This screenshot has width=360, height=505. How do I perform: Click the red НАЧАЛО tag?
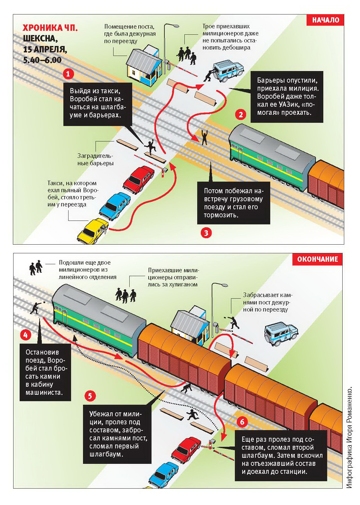pos(325,20)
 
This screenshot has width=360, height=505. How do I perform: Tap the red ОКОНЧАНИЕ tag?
pos(318,259)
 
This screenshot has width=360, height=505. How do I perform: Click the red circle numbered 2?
pos(241,115)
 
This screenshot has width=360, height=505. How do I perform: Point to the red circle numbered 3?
pos(206,233)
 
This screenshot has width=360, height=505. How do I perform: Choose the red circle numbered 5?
pos(90,396)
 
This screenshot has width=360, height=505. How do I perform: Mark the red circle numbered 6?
pos(242,422)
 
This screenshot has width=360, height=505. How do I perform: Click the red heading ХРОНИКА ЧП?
pos(50,28)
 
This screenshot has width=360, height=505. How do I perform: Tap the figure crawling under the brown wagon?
pos(187,388)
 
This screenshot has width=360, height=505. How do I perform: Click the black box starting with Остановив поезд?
pos(45,372)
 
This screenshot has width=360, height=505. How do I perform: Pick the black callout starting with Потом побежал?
pos(234,203)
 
